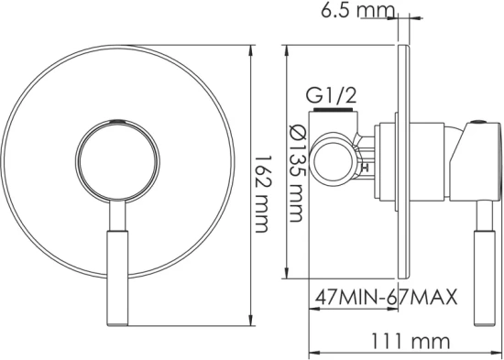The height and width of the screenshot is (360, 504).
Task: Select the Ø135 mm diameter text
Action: pyautogui.click(x=296, y=174)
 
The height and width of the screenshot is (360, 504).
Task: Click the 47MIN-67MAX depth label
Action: pyautogui.click(x=386, y=299)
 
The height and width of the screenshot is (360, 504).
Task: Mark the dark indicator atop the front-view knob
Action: pyautogui.click(x=115, y=121)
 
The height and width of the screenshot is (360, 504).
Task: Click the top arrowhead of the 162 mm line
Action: pyautogui.click(x=252, y=45)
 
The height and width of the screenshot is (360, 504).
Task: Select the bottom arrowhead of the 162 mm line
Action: pyautogui.click(x=252, y=320)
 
